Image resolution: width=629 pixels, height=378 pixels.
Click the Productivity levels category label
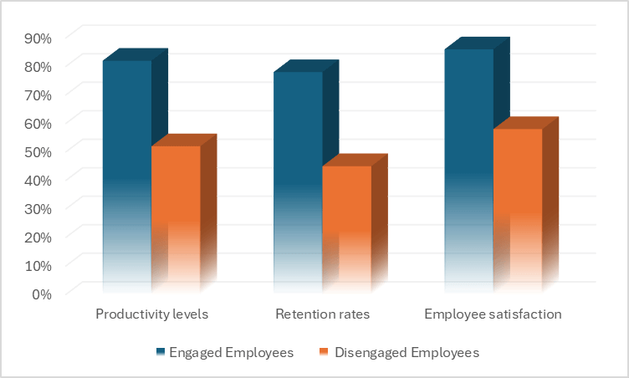[151, 315]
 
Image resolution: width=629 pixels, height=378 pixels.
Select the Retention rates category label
[322, 315]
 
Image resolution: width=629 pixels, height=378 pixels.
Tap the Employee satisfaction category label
[493, 315]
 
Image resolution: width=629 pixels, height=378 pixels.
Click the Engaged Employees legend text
[232, 353]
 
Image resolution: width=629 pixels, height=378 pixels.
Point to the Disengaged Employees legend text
[407, 353]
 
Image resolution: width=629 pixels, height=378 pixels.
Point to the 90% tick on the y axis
[38, 38]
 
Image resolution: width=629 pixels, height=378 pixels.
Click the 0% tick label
[42, 294]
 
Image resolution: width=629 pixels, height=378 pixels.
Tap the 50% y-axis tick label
[38, 151]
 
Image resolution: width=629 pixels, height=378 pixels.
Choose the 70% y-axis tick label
[38, 94]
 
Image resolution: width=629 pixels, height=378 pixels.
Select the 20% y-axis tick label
[38, 237]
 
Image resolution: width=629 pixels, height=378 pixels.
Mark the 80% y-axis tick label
[38, 66]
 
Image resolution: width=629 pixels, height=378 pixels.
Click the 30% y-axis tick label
[38, 208]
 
